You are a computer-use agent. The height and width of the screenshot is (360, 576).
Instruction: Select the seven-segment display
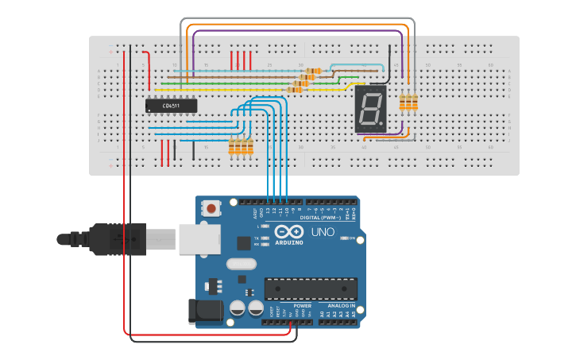click(x=370, y=109)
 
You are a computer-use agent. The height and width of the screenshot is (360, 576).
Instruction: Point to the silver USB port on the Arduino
click(x=194, y=238)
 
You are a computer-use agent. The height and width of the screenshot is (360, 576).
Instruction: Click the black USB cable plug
click(x=119, y=238)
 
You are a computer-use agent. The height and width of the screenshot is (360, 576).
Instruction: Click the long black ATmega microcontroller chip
click(x=311, y=288)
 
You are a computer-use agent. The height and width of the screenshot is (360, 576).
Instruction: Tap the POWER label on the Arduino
click(x=303, y=305)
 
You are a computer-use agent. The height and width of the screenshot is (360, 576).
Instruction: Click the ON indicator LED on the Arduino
click(x=343, y=238)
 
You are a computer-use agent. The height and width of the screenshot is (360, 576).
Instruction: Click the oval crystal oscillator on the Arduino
click(x=239, y=264)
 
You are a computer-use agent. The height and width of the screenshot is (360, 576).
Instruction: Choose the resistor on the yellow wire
click(x=295, y=90)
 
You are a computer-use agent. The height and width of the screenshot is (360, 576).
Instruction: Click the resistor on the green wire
click(x=301, y=83)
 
